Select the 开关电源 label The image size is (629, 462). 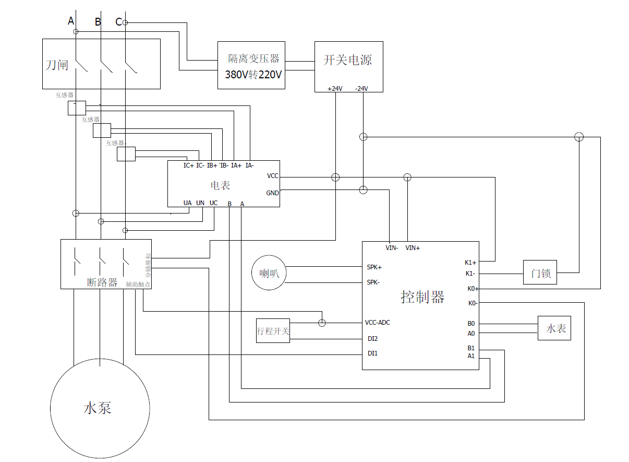click(348, 60)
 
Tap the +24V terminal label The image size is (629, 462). click(335, 88)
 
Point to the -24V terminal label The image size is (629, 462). click(361, 88)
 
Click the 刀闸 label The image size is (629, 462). click(56, 65)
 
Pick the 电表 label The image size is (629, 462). click(220, 185)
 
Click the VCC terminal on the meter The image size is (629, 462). click(272, 176)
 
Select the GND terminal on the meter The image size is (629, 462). click(272, 193)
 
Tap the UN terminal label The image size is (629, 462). click(200, 203)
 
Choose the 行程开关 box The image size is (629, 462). click(273, 331)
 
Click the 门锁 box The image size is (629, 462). click(540, 273)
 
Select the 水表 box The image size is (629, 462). click(554, 329)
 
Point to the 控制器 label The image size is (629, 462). click(422, 297)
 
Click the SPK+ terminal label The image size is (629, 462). click(374, 267)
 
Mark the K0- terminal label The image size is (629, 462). click(473, 303)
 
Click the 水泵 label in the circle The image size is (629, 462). click(98, 408)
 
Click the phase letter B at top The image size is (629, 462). click(98, 22)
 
